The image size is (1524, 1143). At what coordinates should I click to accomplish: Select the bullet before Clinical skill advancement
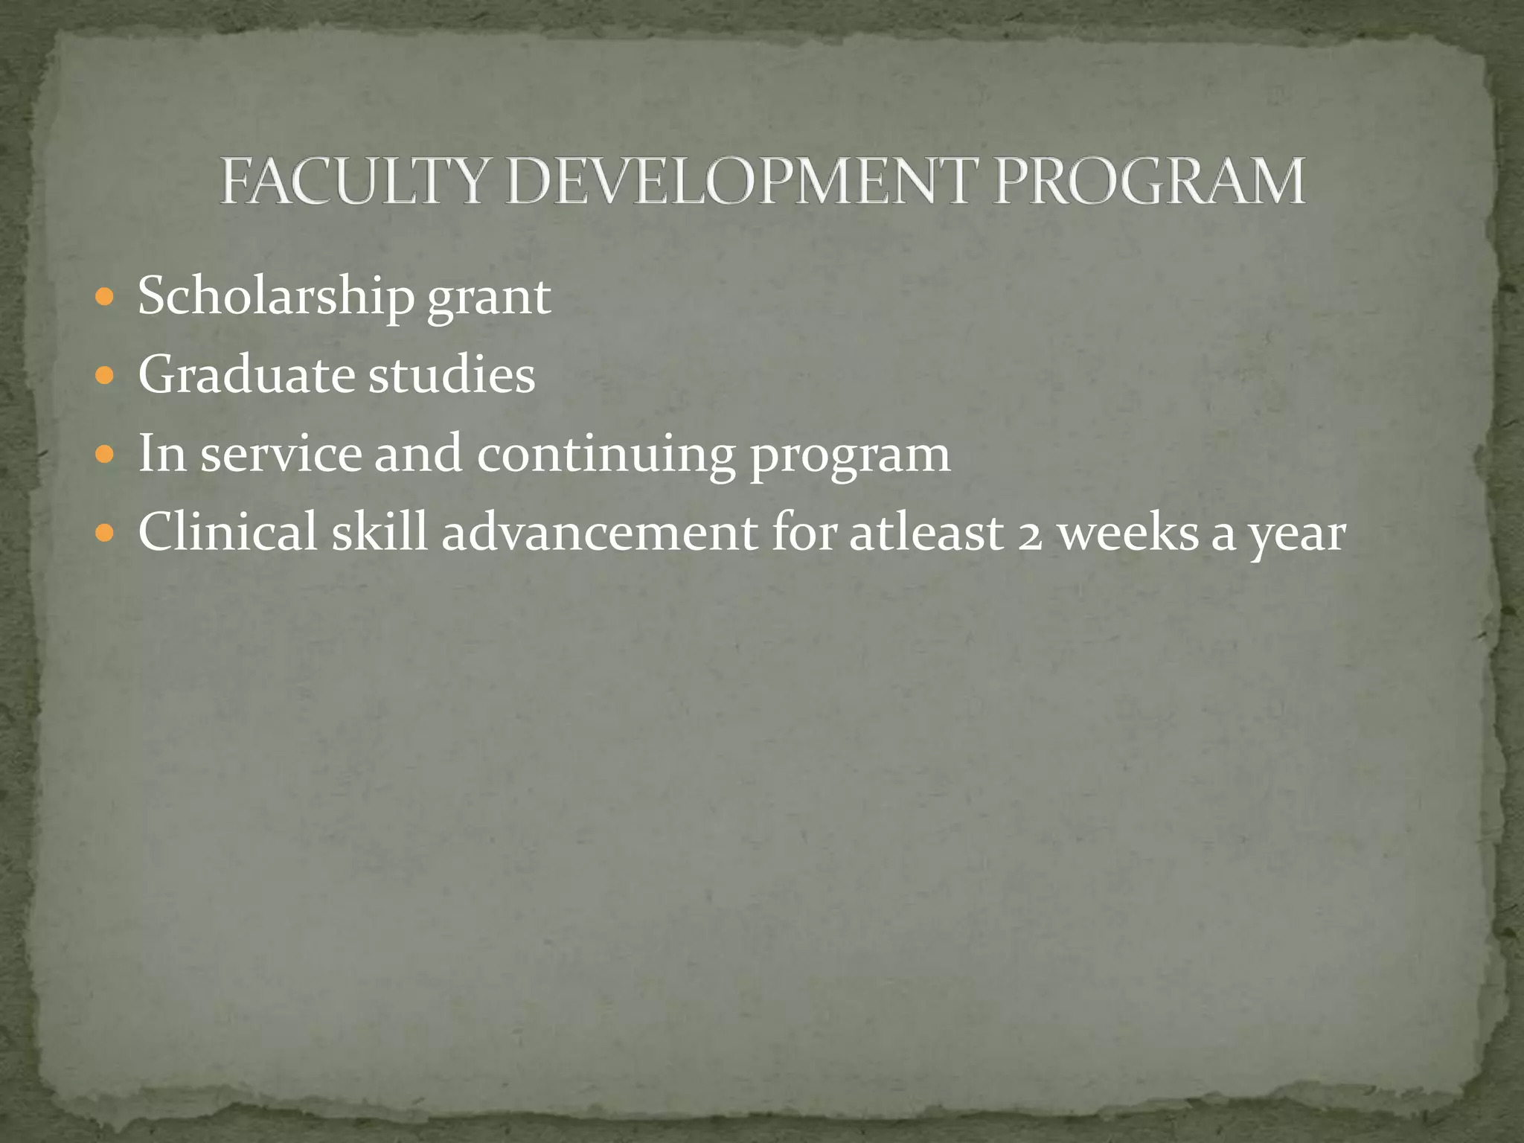coord(106,534)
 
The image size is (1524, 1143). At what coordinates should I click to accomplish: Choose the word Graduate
coord(246,374)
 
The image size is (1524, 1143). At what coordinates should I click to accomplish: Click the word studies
coord(452,374)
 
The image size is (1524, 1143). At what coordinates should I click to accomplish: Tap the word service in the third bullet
coord(281,454)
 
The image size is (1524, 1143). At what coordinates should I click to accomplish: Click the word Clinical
coord(228,532)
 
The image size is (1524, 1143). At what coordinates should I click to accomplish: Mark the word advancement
coord(599,532)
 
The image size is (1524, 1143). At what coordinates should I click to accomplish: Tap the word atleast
coord(926,534)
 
